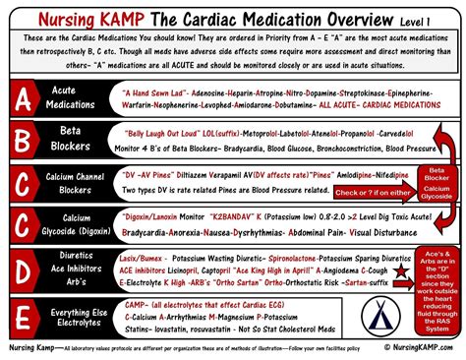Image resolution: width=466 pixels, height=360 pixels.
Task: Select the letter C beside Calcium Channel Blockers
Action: click(19, 208)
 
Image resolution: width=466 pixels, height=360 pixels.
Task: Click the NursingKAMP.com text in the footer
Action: click(419, 346)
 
